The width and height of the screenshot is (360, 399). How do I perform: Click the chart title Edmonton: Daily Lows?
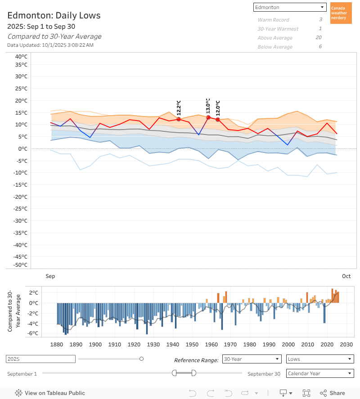(x=54, y=16)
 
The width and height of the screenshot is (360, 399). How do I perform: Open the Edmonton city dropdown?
(x=289, y=7)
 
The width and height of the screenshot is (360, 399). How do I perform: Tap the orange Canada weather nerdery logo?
(x=341, y=13)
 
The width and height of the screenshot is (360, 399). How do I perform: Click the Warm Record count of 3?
(x=320, y=20)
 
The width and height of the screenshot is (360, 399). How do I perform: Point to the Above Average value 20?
(x=319, y=38)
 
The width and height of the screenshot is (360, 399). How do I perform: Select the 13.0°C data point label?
(x=208, y=106)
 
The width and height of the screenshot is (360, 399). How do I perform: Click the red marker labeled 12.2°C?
(x=179, y=119)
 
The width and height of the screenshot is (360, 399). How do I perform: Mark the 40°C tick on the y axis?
(x=21, y=57)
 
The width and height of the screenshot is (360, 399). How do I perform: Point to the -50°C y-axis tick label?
(x=20, y=265)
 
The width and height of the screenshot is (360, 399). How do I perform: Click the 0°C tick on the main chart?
(x=23, y=148)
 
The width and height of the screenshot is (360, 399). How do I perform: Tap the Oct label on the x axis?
(x=346, y=276)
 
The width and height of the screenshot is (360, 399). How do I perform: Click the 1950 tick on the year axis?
(x=192, y=345)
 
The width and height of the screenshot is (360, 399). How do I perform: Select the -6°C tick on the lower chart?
(x=33, y=333)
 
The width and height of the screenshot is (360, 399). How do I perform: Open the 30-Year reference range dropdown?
(x=252, y=359)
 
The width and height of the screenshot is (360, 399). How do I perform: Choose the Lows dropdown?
(x=320, y=359)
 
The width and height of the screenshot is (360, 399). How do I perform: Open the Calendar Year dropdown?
(x=320, y=373)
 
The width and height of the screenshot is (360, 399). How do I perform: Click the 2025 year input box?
(x=40, y=359)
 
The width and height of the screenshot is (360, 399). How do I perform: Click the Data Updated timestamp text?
(x=50, y=45)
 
